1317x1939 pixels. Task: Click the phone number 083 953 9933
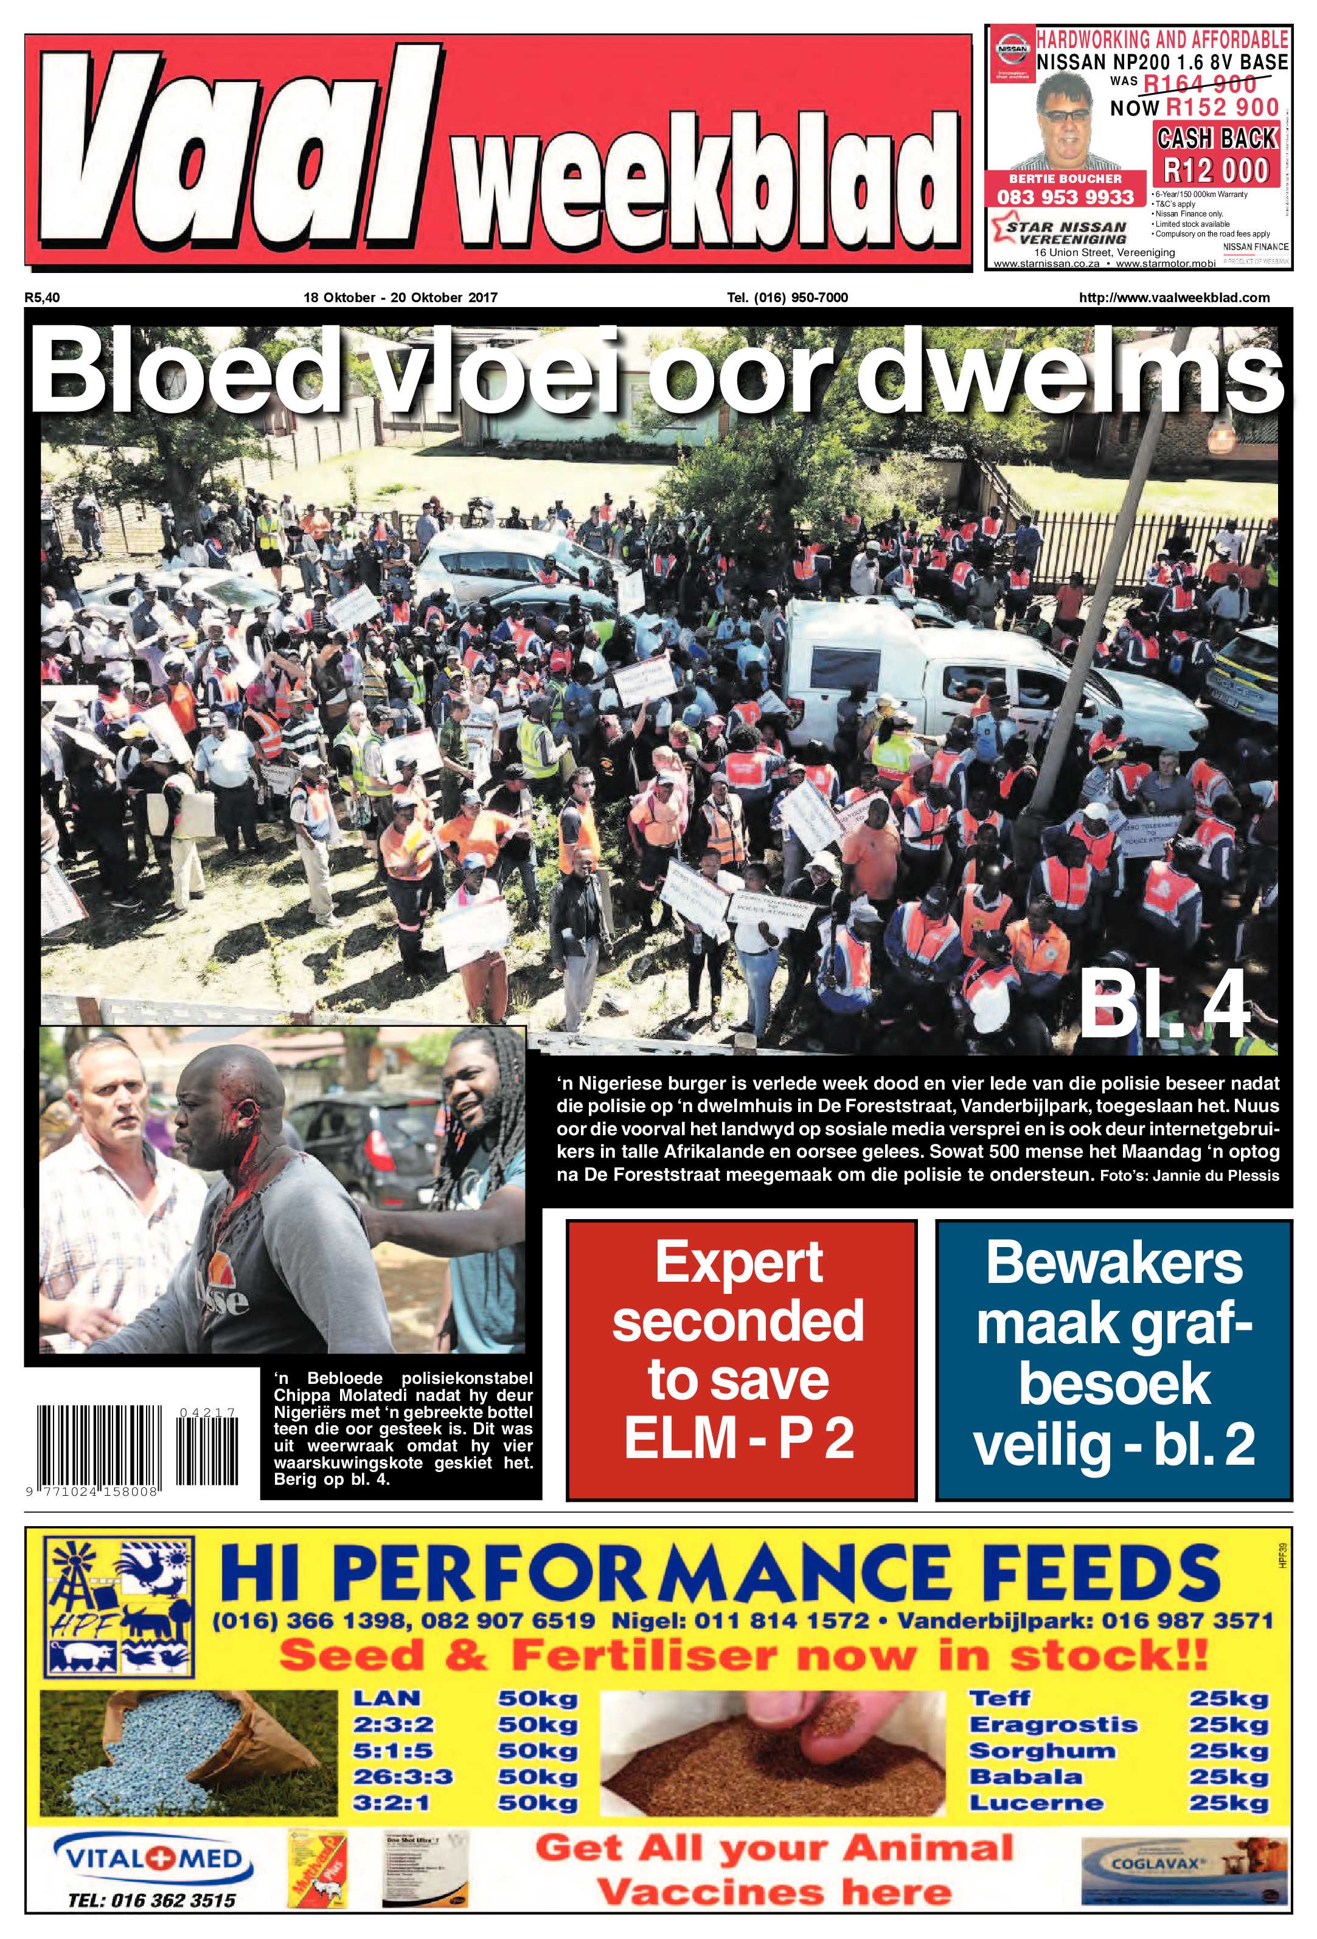(1065, 197)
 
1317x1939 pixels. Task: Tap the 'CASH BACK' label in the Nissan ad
(1216, 137)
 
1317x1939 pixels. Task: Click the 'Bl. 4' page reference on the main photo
(1164, 1009)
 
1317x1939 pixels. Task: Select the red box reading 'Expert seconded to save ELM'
(740, 1359)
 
